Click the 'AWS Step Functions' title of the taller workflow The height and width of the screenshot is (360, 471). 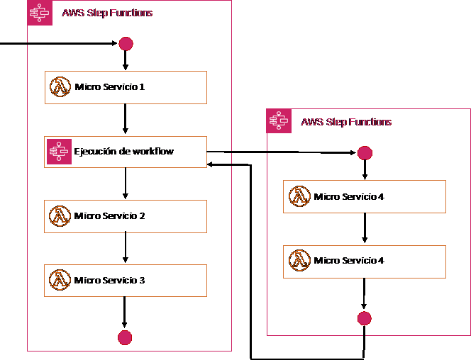pyautogui.click(x=107, y=13)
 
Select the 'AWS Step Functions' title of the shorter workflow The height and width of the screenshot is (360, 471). pyautogui.click(x=346, y=122)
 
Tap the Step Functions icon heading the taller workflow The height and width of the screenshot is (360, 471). pyautogui.click(x=40, y=13)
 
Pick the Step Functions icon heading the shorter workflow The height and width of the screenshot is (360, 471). pyautogui.click(x=279, y=121)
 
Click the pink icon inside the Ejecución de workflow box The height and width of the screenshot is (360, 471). pyautogui.click(x=60, y=152)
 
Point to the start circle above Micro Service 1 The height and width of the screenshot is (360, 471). pyautogui.click(x=126, y=44)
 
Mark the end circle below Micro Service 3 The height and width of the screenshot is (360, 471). pyautogui.click(x=125, y=337)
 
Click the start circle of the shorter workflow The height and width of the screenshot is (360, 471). pyautogui.click(x=365, y=153)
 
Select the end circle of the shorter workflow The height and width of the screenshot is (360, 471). pyautogui.click(x=364, y=318)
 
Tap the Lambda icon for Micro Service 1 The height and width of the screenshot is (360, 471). pyautogui.click(x=60, y=87)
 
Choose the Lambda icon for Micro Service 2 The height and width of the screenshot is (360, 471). pyautogui.click(x=60, y=216)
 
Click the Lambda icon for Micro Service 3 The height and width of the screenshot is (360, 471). pyautogui.click(x=60, y=281)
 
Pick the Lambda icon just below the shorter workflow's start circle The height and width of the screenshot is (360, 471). pyautogui.click(x=300, y=196)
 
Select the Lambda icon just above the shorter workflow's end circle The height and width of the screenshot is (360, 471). pyautogui.click(x=300, y=261)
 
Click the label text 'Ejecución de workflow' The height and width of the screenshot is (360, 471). pyautogui.click(x=125, y=152)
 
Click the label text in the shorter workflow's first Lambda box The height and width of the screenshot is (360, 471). pyautogui.click(x=350, y=196)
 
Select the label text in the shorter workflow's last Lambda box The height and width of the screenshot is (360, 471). pyautogui.click(x=350, y=261)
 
